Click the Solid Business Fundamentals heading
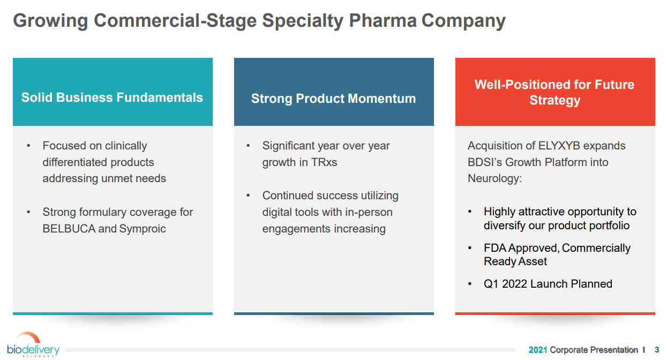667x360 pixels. click(113, 97)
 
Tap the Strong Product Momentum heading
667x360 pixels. click(333, 99)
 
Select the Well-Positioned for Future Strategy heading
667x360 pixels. click(554, 92)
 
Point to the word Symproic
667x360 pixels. click(143, 229)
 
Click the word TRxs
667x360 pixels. click(324, 162)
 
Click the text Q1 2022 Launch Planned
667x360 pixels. click(548, 284)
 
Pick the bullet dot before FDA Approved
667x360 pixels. click(470, 248)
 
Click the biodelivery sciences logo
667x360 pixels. click(33, 346)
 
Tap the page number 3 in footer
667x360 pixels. click(657, 350)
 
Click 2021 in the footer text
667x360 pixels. click(538, 350)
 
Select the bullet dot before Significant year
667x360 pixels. click(248, 146)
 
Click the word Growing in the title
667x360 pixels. click(50, 20)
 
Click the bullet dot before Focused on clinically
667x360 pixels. click(28, 146)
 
